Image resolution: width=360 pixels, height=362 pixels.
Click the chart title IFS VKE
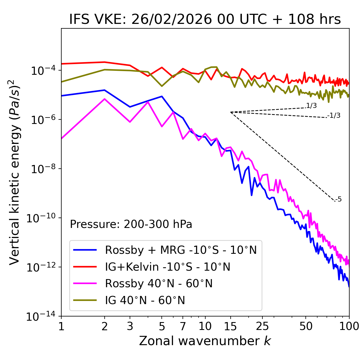pos(205,20)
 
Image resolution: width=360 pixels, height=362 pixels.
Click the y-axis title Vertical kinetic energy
pos(15,172)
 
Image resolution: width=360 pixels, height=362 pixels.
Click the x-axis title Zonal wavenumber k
pos(205,341)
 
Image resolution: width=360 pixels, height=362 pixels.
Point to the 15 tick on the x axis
pos(230,326)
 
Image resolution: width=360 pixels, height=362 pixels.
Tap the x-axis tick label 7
pos(183,326)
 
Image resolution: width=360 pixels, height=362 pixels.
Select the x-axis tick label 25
pos(262,326)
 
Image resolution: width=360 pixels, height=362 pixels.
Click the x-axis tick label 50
pos(306,326)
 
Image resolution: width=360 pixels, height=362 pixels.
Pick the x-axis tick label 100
pos(349,326)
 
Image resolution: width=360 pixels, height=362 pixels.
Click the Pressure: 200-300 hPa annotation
pos(131,224)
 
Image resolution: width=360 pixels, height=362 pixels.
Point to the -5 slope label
pos(339,200)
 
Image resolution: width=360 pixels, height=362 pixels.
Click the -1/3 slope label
pos(334,116)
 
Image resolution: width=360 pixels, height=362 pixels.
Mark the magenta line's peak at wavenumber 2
pos(105,99)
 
